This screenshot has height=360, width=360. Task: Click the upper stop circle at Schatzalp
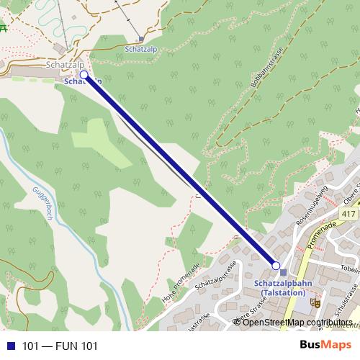click(x=84, y=74)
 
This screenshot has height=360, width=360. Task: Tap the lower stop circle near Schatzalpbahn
click(x=275, y=266)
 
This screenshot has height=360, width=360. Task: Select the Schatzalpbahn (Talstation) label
click(x=283, y=288)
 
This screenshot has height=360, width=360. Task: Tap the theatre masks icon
click(x=315, y=303)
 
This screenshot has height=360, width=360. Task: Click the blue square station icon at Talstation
click(x=284, y=272)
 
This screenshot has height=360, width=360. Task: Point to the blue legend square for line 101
click(x=9, y=346)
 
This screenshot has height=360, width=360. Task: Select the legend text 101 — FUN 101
click(x=59, y=346)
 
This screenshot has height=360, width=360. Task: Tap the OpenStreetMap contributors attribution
click(x=292, y=322)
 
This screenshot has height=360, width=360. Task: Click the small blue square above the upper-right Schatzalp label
click(x=141, y=40)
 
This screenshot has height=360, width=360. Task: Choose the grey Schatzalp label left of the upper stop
click(x=60, y=65)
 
